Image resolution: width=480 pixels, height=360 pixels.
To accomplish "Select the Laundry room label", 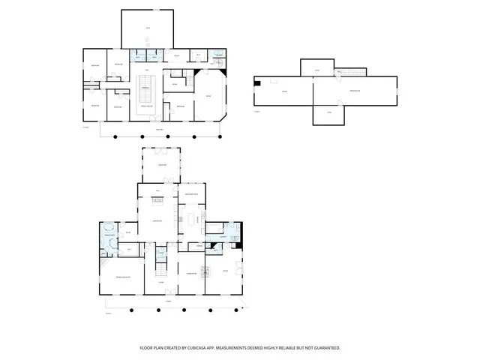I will click(222, 237).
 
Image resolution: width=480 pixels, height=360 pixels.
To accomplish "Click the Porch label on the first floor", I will click(169, 301).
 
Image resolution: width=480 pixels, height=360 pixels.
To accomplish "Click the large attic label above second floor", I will click(147, 28).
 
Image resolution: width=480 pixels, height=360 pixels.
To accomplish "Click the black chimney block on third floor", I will click(258, 83).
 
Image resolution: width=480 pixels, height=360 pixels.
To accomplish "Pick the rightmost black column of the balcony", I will click(218, 138).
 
